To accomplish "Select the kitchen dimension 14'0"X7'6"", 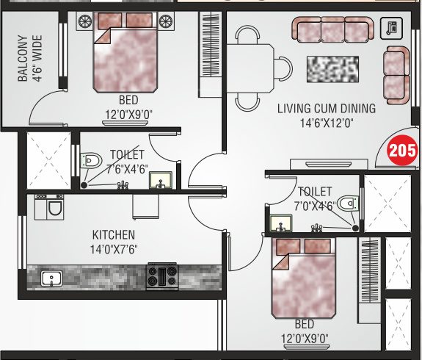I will pyautogui.click(x=114, y=249).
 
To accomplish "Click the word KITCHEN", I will pyautogui.click(x=114, y=235).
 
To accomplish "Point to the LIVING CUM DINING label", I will pyautogui.click(x=327, y=109).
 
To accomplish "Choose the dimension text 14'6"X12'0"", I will pyautogui.click(x=327, y=123).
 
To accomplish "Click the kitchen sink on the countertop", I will pyautogui.click(x=51, y=278).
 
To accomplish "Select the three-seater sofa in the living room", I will pyautogui.click(x=332, y=30).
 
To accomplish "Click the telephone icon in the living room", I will pyautogui.click(x=392, y=28).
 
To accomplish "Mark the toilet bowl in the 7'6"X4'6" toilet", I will pyautogui.click(x=90, y=159).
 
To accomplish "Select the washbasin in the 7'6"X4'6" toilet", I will pyautogui.click(x=160, y=179).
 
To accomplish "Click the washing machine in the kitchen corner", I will pyautogui.click(x=49, y=208).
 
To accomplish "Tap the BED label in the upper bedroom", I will pyautogui.click(x=127, y=100).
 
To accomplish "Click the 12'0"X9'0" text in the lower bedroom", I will pyautogui.click(x=304, y=338).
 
